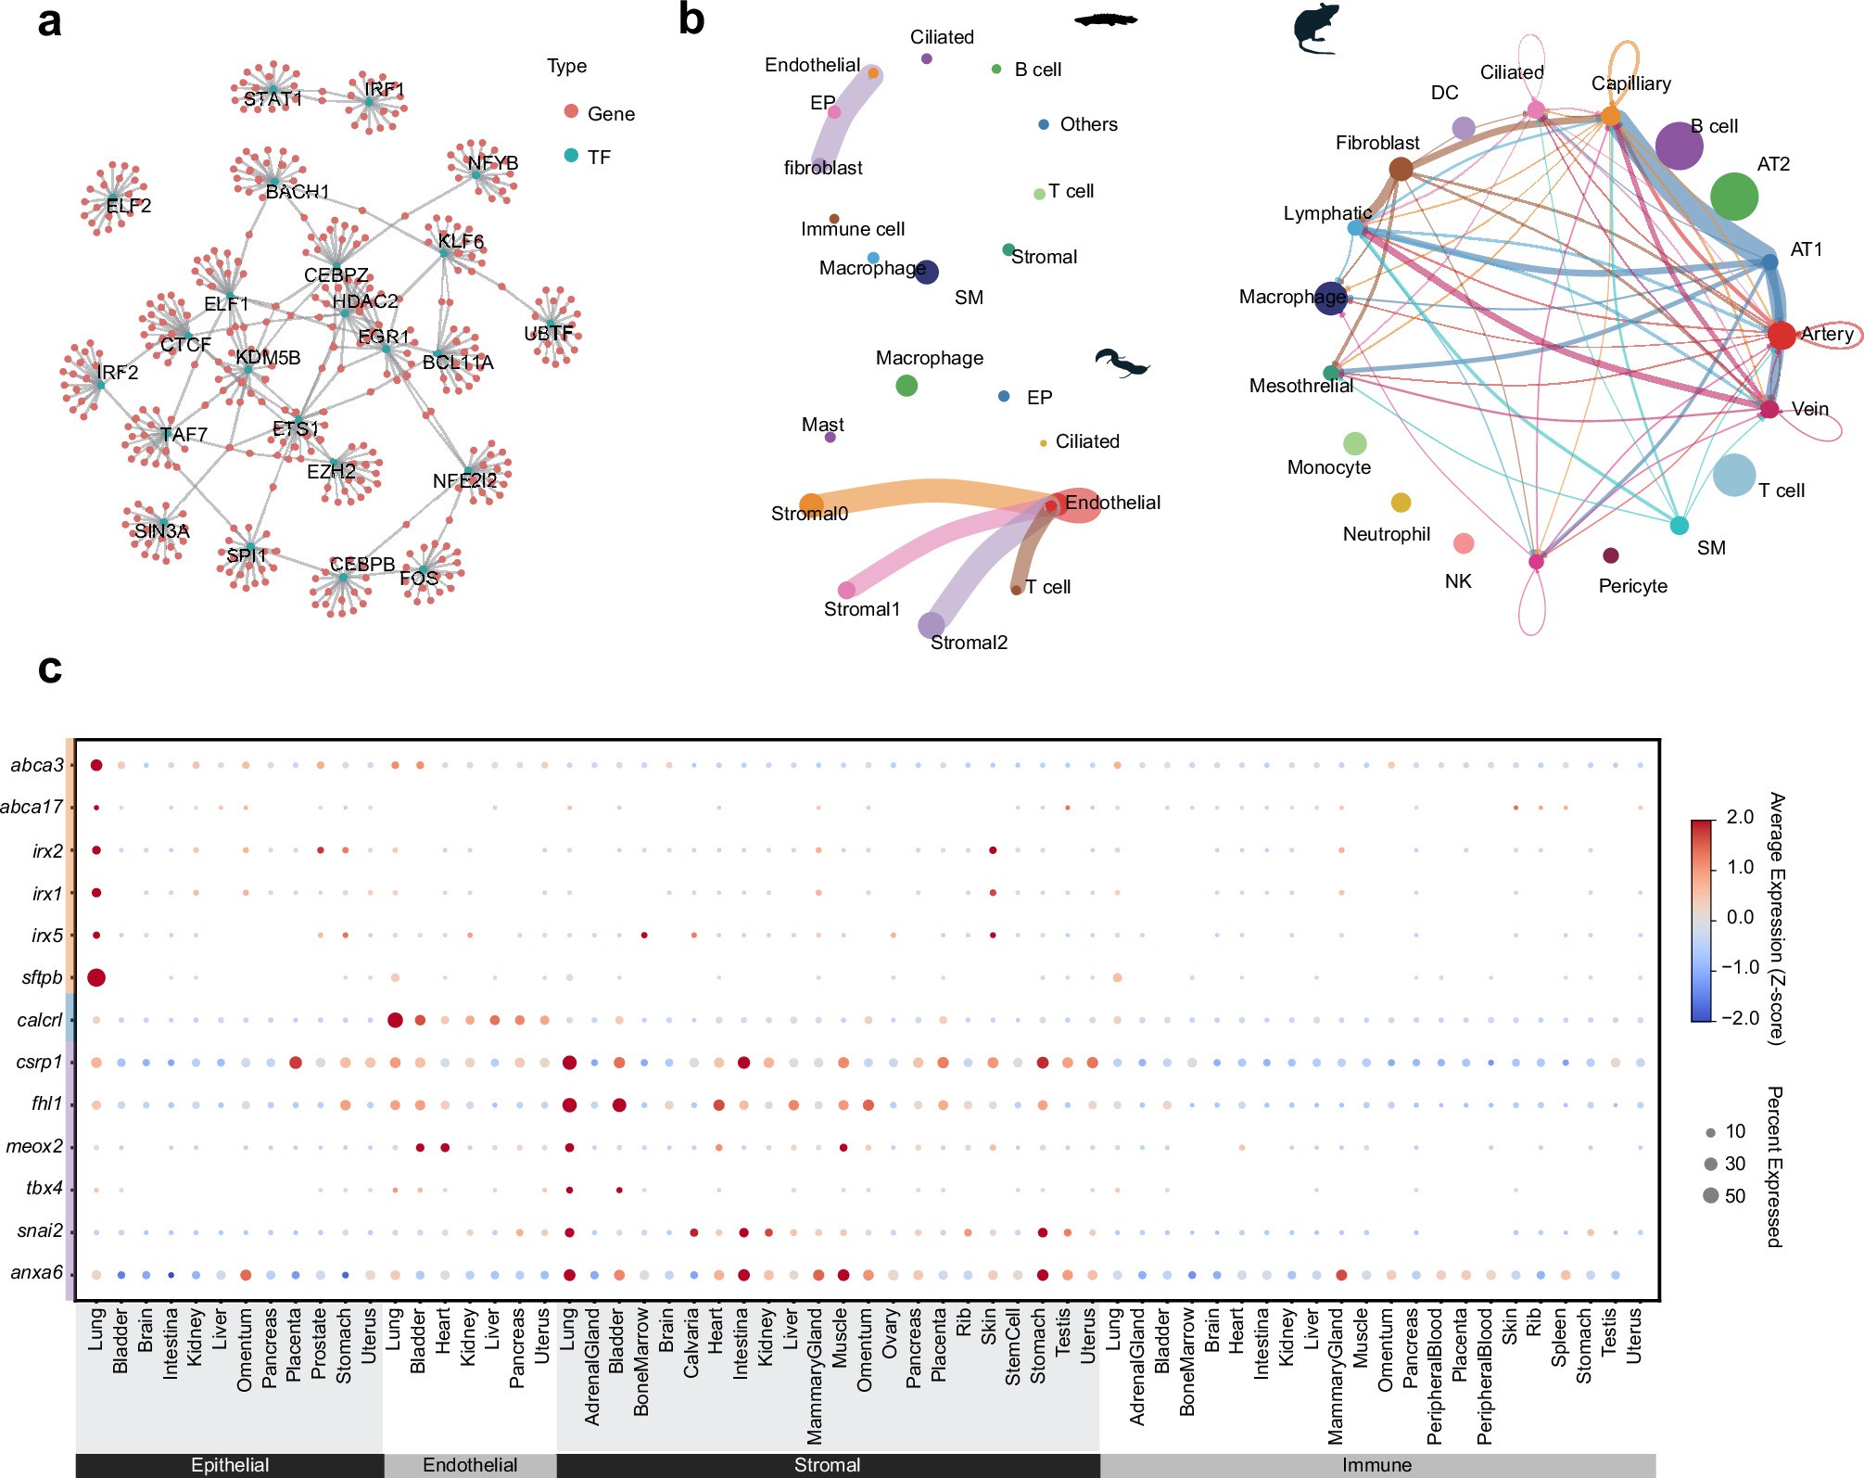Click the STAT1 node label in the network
point(272,98)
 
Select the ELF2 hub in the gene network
point(114,197)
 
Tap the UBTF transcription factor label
point(549,333)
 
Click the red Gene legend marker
point(571,111)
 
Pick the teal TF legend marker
point(571,155)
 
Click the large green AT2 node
point(1733,196)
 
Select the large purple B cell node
point(1678,145)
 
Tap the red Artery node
point(1782,335)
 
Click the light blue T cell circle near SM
point(1733,475)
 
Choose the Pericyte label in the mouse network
point(1632,586)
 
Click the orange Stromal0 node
point(811,505)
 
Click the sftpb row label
point(42,977)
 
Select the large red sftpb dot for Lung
point(96,977)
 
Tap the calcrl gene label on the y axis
point(40,1020)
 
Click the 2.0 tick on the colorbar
point(1740,817)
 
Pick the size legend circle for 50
point(1711,1195)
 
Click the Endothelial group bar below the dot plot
point(470,1465)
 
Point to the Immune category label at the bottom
point(1376,1465)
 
